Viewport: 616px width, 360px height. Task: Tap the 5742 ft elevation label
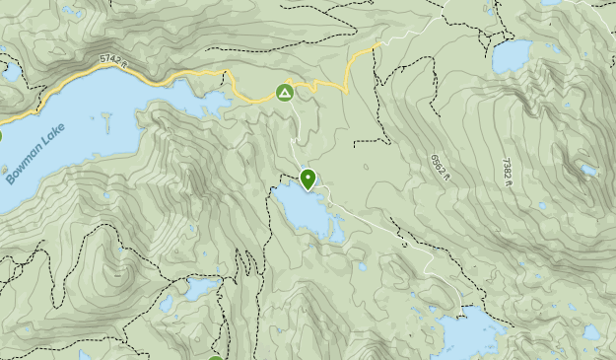(x=115, y=62)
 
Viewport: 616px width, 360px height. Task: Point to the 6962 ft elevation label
(x=439, y=169)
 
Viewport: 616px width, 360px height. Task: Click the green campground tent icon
(x=284, y=94)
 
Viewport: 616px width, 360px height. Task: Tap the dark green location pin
(x=308, y=180)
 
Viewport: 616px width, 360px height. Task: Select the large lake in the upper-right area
(x=512, y=56)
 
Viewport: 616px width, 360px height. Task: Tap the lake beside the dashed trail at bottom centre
(x=200, y=288)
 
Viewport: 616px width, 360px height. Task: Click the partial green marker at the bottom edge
(x=216, y=356)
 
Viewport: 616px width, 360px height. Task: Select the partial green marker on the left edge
(x=1, y=137)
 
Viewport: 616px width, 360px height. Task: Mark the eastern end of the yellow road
(x=379, y=44)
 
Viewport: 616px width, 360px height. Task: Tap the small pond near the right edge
(x=588, y=171)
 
